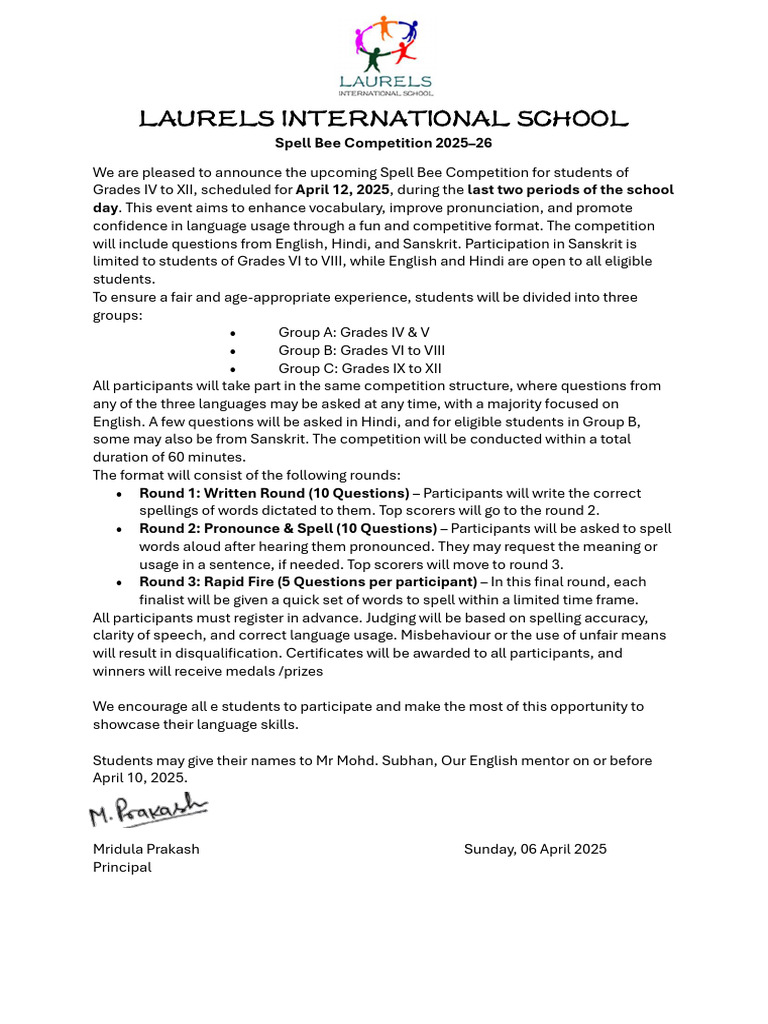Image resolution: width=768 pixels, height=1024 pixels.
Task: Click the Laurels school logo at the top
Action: point(385,56)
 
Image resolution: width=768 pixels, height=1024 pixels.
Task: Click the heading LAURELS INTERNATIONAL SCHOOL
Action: point(384,120)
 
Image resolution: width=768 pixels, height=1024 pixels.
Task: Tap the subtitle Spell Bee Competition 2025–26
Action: point(384,143)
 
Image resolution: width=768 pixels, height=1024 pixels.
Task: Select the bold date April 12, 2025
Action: point(342,189)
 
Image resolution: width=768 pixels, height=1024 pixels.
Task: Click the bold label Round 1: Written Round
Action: point(274,493)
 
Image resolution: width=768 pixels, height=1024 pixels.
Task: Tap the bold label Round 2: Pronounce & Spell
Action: point(288,528)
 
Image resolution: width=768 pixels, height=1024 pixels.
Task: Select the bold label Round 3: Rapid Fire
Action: point(308,582)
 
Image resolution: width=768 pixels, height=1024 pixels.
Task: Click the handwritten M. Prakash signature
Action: point(148,810)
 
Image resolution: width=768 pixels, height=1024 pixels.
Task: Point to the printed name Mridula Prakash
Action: point(146,849)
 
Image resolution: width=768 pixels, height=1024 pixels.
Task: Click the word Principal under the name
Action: point(122,867)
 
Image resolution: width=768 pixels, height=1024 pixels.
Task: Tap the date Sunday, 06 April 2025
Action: point(535,849)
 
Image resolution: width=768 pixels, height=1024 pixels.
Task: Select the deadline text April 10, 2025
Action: point(139,777)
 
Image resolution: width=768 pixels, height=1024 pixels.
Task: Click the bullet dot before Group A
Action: point(233,333)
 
